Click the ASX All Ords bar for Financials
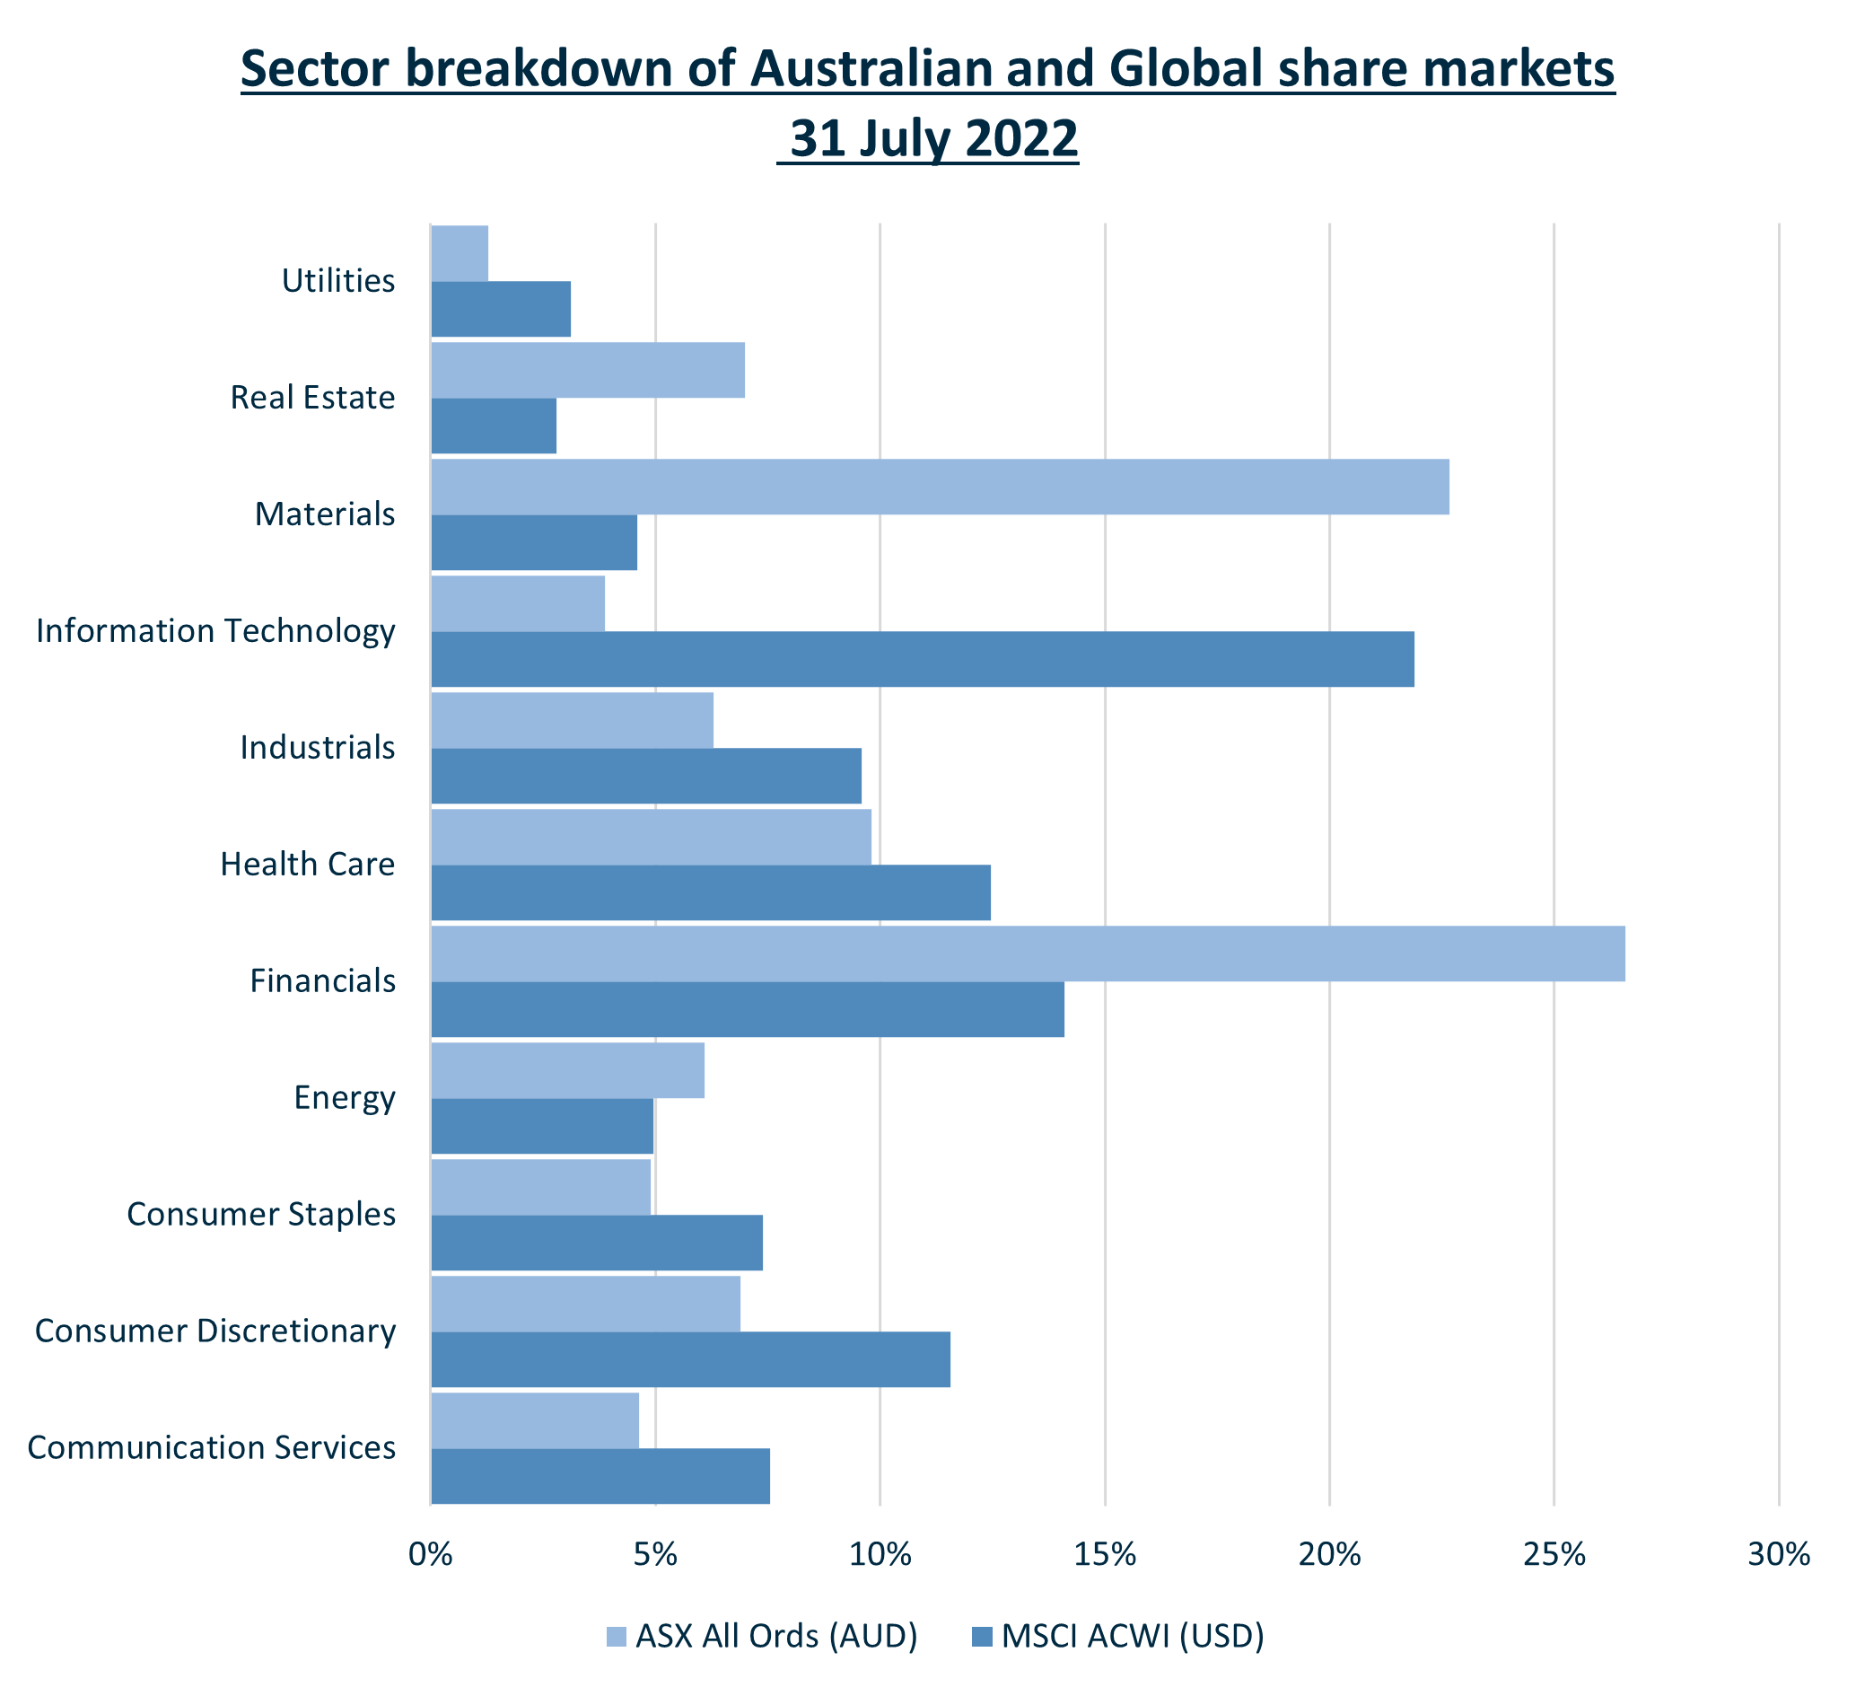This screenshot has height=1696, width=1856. [1028, 953]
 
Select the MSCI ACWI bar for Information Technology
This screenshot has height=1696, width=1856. [922, 659]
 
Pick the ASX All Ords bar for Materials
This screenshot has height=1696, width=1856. [939, 487]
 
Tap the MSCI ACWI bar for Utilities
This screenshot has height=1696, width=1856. [501, 310]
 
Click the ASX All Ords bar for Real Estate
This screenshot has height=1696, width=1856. [587, 370]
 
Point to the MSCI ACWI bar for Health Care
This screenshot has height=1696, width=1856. [710, 892]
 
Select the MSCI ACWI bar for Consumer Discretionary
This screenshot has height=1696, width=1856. [689, 1359]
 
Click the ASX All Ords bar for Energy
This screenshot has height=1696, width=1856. [567, 1070]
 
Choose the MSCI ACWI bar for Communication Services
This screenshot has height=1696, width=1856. [600, 1476]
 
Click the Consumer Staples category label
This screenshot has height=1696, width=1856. [260, 1215]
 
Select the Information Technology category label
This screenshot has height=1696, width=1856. [215, 630]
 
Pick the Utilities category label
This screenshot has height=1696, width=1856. [337, 281]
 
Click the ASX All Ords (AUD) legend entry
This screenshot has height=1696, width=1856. [761, 1636]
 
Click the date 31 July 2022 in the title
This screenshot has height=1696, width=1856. [932, 139]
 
